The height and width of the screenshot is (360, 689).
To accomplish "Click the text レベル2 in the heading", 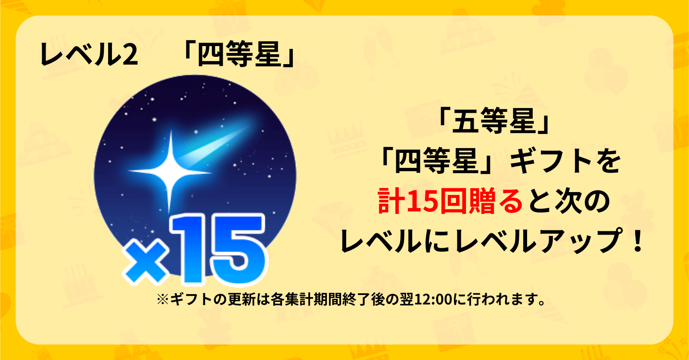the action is (89, 55).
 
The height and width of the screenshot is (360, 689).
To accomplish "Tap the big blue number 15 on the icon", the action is (218, 249).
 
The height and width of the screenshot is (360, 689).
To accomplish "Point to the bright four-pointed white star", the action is (169, 171).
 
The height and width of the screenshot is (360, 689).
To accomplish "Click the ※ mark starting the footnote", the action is (163, 299).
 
